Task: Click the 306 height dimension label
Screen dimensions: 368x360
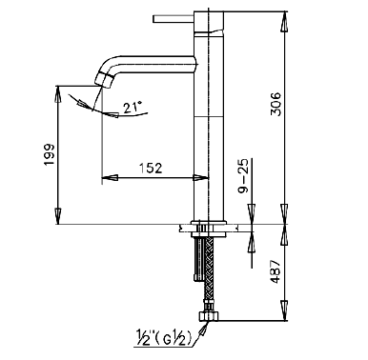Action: (x=276, y=104)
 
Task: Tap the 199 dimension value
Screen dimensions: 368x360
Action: (x=50, y=154)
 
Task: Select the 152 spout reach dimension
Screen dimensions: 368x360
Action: (x=151, y=168)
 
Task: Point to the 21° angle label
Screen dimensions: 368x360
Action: (x=133, y=108)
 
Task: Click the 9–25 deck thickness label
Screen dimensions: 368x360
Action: (x=243, y=179)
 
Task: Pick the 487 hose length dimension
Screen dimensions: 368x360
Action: (x=276, y=271)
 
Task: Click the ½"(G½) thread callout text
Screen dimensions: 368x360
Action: (x=164, y=338)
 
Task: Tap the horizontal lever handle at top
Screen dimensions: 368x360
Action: (x=174, y=19)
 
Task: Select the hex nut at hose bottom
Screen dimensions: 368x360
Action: (x=209, y=316)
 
